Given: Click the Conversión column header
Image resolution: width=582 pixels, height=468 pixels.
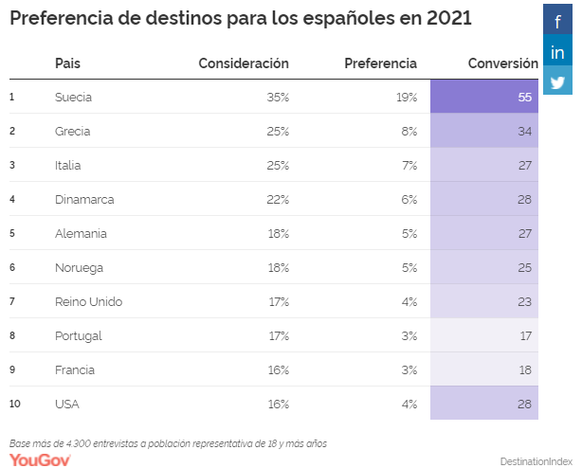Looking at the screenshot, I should tap(502, 63).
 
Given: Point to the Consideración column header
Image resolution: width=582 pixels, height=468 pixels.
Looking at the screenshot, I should tap(244, 63).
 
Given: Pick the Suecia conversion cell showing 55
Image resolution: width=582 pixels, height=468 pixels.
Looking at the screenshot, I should tap(484, 97).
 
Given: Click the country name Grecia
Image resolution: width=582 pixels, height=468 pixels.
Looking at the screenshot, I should tap(74, 131).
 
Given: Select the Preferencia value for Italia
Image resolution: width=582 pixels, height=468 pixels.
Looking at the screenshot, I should tap(409, 165).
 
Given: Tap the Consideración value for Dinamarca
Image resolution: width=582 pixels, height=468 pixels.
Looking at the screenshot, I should tap(278, 199).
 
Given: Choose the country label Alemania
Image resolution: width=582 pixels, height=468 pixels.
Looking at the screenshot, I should tap(81, 233).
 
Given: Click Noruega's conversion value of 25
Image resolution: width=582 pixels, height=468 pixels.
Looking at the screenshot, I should tap(484, 267).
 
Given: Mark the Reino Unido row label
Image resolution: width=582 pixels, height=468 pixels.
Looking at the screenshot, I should tap(88, 301).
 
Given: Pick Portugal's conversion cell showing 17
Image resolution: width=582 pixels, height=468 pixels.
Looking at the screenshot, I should tap(484, 335).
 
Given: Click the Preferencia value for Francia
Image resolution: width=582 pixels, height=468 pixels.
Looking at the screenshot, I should tap(409, 369).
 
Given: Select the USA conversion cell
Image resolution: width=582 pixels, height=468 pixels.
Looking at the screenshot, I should tap(484, 404).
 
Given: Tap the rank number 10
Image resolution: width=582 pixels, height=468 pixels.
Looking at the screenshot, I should tap(15, 404).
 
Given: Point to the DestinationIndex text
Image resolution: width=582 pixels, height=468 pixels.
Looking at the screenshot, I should tap(537, 460).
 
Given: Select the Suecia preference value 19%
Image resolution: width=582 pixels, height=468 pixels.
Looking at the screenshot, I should tap(407, 97).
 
